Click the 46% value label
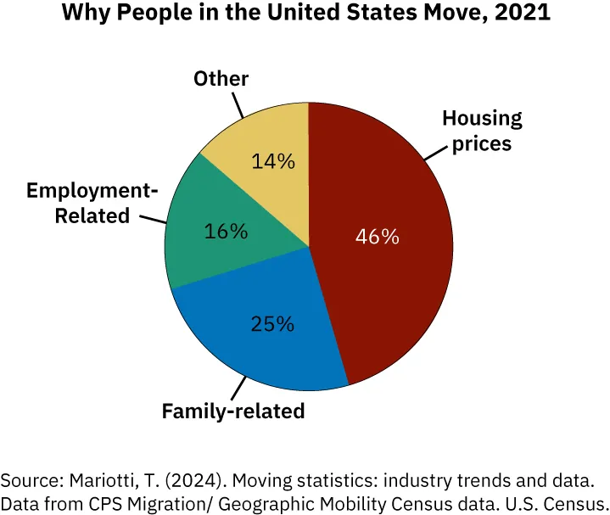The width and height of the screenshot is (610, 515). click(378, 237)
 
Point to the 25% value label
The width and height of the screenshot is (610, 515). click(272, 323)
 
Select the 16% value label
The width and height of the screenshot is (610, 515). click(226, 231)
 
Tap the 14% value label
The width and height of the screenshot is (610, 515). click(273, 160)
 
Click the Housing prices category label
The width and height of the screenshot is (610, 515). click(482, 131)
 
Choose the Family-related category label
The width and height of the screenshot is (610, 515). click(233, 412)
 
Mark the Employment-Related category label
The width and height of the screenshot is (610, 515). click(92, 204)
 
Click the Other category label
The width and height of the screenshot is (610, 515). click(221, 79)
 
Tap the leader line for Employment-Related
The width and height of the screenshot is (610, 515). click(154, 220)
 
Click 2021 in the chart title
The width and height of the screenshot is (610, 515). click(522, 14)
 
